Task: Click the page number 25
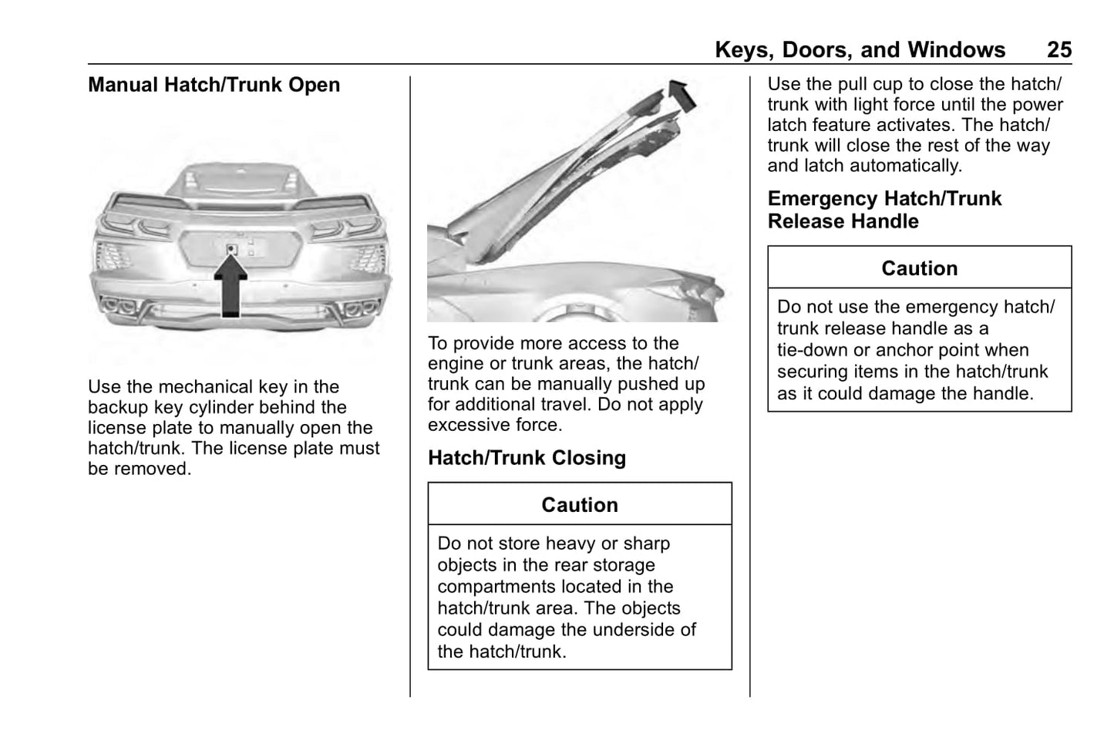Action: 1059,50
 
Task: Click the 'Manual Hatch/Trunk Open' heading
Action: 214,85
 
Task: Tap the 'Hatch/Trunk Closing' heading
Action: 527,458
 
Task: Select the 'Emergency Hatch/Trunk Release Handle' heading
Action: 884,210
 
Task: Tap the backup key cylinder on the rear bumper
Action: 232,249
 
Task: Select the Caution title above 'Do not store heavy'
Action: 580,505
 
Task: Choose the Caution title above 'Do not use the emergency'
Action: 920,268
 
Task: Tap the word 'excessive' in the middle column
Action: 466,425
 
